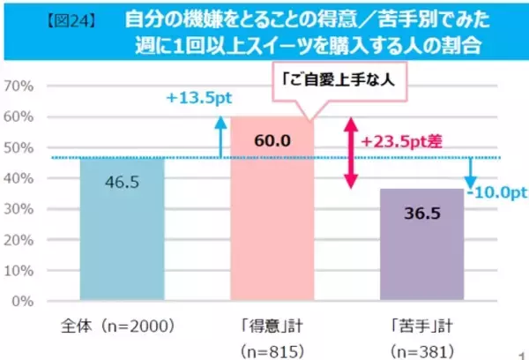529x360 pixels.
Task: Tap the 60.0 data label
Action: coord(272,140)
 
